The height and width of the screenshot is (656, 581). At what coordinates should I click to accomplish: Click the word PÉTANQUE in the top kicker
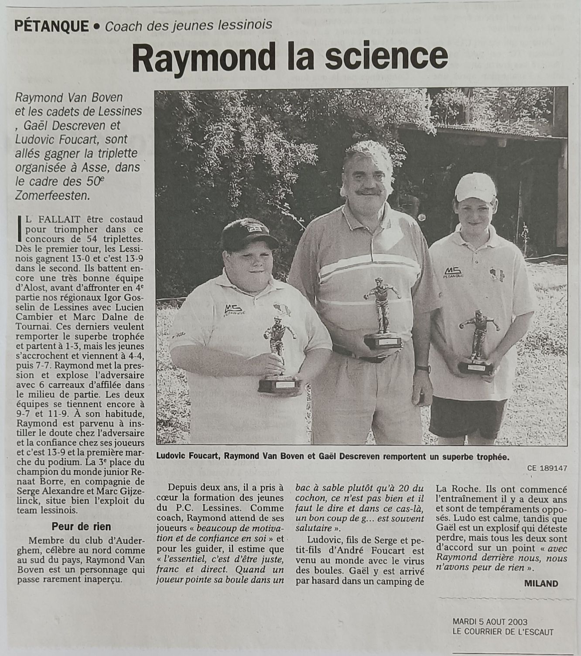point(51,26)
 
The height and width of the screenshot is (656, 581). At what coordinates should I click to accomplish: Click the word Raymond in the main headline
point(196,57)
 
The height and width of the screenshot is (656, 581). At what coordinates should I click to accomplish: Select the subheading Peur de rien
point(81,526)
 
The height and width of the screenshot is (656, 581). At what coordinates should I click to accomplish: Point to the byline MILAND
point(541,583)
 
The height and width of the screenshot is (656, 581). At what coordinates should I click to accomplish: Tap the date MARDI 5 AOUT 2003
point(490,622)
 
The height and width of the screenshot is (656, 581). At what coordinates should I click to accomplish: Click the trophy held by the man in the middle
point(382,314)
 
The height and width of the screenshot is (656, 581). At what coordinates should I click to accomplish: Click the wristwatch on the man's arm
point(422,369)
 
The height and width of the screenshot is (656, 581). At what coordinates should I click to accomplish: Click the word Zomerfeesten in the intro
point(53,195)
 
